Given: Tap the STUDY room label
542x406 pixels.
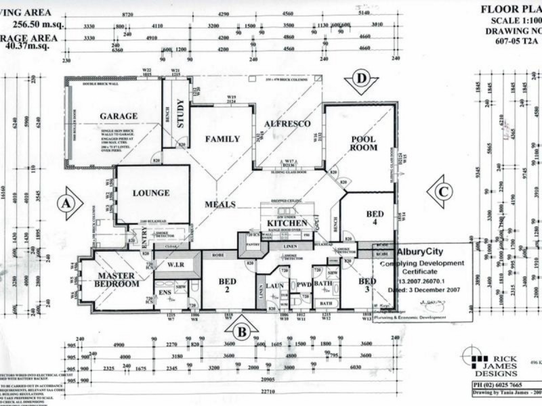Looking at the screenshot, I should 180,113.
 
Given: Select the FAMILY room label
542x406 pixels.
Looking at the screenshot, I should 223,139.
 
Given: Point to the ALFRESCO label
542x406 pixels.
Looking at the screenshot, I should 287,124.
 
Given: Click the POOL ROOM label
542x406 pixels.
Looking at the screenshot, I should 364,143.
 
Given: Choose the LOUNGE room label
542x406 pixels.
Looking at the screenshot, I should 151,193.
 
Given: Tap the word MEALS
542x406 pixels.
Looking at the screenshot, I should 222,204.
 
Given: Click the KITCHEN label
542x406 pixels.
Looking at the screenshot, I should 287,223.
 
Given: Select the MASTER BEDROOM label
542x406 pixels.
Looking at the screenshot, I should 117,279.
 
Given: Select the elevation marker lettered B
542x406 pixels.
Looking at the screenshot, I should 241,331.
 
